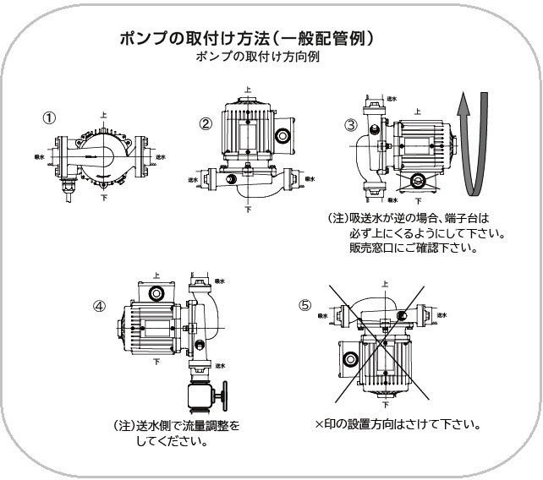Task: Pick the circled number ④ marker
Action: coord(98,306)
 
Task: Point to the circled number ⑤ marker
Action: coord(304,306)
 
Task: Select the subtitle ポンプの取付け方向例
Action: coord(245,57)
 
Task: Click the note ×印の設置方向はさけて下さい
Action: coord(398,423)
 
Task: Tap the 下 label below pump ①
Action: coord(104,195)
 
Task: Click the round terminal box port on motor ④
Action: coord(155,293)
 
